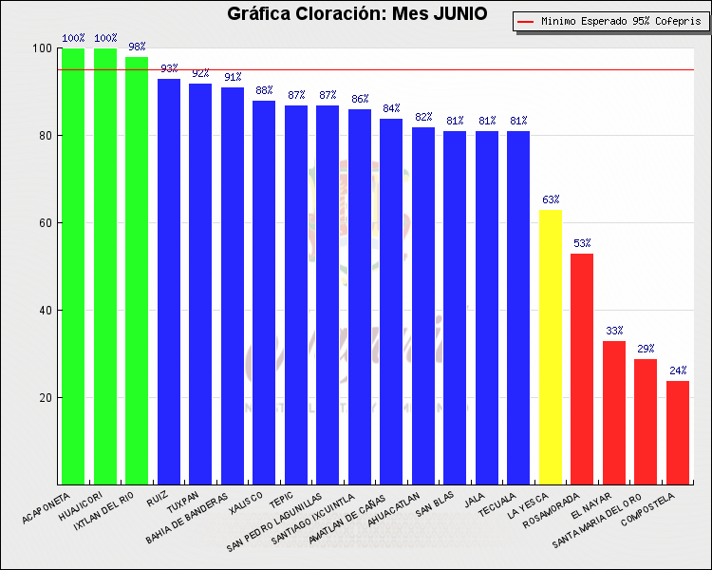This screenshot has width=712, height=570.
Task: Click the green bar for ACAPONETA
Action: pos(73,266)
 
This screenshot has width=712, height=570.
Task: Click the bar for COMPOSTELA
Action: pos(678,432)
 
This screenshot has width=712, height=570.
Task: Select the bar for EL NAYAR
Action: pos(614,412)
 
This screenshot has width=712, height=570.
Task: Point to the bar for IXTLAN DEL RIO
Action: pos(137,270)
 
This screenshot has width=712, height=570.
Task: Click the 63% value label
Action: pos(551,199)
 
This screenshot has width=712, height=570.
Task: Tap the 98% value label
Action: pos(137,47)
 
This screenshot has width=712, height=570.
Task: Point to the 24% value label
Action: pos(678,370)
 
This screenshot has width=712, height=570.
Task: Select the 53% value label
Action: pos(582,243)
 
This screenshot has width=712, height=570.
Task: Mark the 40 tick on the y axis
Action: pos(44,311)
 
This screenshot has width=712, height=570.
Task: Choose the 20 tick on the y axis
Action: pos(44,398)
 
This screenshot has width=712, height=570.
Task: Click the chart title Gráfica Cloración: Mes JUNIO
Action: pos(357,13)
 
